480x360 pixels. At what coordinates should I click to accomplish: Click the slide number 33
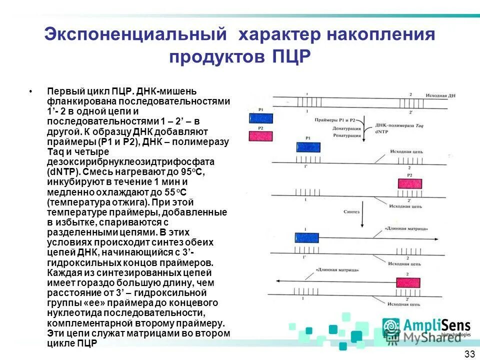[x=469, y=354]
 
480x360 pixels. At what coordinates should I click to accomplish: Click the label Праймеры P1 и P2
[x=335, y=120]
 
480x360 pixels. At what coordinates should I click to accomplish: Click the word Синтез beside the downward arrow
[x=351, y=211]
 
